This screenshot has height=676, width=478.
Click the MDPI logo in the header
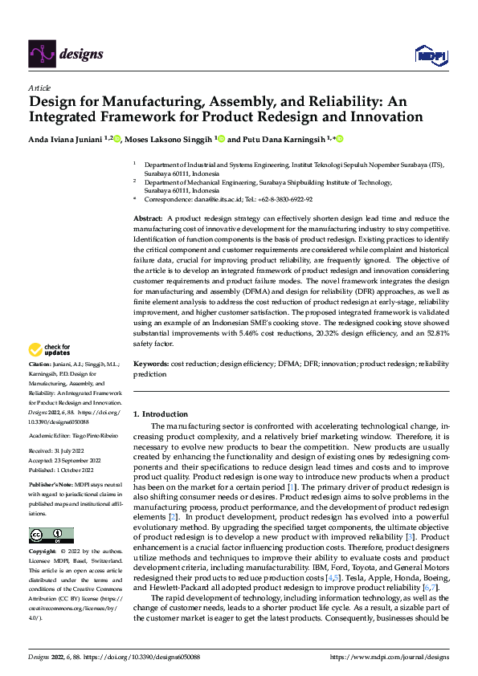tap(430, 55)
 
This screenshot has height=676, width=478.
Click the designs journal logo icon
tap(41, 55)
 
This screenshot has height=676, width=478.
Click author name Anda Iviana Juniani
tap(59, 139)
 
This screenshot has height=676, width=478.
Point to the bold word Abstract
tap(147, 218)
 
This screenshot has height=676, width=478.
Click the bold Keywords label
tap(151, 364)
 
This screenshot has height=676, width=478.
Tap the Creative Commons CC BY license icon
tap(51, 536)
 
